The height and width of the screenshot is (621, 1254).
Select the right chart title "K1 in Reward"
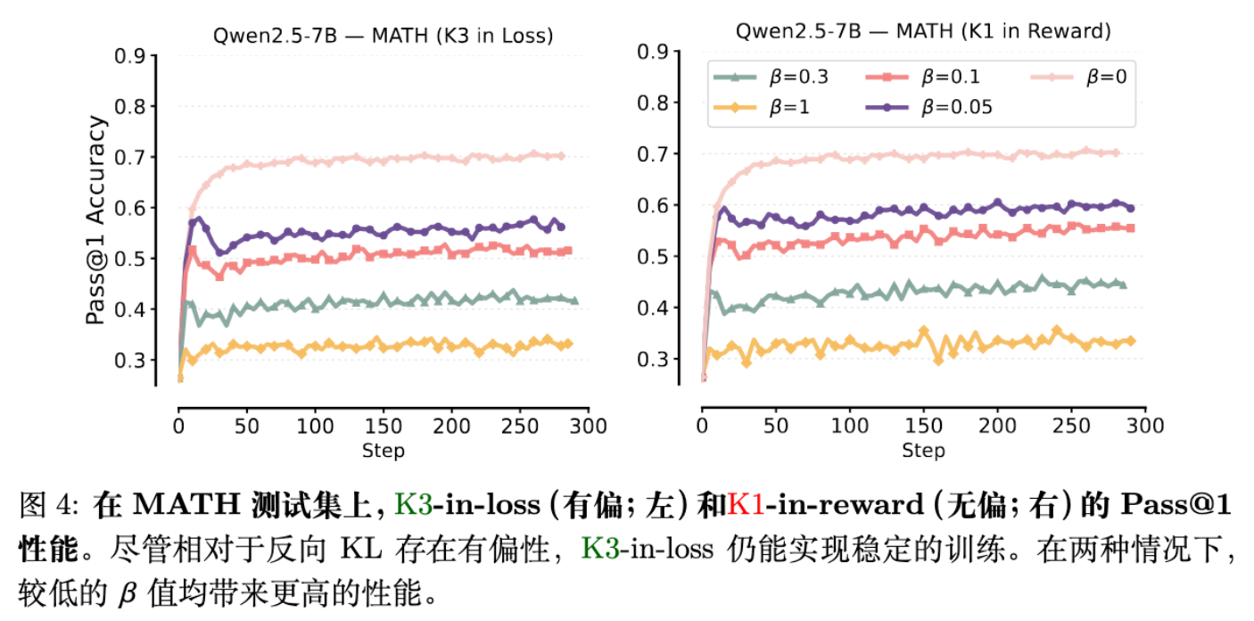(924, 31)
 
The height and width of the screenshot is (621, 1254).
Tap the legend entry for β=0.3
(772, 77)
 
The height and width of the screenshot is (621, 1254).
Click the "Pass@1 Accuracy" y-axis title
(96, 219)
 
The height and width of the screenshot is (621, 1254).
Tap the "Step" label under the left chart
(384, 450)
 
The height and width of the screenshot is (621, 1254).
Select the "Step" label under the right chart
(923, 450)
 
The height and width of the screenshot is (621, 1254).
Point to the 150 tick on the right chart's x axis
(923, 426)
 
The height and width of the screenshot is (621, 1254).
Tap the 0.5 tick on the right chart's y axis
(654, 257)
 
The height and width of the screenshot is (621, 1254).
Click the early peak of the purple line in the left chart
(198, 218)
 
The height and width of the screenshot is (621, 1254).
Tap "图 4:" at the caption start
(50, 506)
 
